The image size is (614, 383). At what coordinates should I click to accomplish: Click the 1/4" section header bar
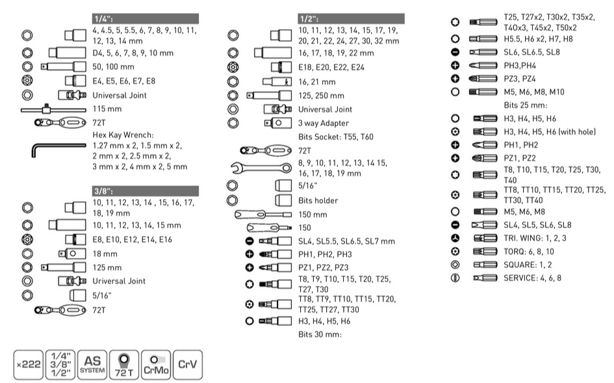[x=146, y=18]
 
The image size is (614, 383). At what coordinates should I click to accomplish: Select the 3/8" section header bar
[x=146, y=191]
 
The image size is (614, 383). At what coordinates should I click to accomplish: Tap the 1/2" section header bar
[x=351, y=18]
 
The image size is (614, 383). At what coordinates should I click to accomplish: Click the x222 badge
[x=29, y=365]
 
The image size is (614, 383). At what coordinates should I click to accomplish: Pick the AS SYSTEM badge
[x=92, y=365]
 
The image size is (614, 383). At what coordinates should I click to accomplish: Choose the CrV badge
[x=188, y=365]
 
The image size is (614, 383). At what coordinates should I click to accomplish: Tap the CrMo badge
[x=156, y=365]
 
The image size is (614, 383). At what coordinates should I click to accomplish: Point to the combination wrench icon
[x=261, y=168]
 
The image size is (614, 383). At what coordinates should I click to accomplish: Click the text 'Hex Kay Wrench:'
[x=123, y=135]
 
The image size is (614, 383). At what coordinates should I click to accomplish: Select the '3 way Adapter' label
[x=324, y=123]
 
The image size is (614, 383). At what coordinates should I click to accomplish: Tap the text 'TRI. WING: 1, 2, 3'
[x=535, y=238]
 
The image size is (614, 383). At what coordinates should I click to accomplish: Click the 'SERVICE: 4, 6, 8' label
[x=532, y=278]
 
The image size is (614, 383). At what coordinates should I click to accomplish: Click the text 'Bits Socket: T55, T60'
[x=335, y=137]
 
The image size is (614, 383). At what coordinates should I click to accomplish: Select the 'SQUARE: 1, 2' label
[x=528, y=265]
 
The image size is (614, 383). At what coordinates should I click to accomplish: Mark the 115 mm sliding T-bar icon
[x=53, y=109]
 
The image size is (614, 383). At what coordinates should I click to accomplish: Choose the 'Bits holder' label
[x=318, y=201]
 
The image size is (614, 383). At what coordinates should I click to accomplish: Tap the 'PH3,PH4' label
[x=520, y=66]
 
